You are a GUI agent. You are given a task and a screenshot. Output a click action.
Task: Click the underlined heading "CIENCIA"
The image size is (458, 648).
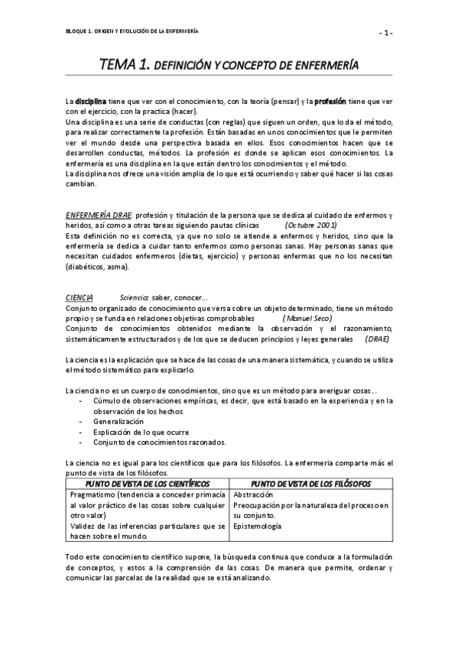tap(80, 297)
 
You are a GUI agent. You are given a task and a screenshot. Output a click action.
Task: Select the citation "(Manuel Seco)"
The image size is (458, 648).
tap(307, 317)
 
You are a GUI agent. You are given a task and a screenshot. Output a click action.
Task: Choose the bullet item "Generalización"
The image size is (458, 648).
tap(119, 421)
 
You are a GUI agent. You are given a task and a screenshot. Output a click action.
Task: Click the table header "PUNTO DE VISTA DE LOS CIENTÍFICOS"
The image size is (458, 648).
tap(148, 484)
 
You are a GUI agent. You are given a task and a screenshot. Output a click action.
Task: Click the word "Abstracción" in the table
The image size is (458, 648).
tap(253, 494)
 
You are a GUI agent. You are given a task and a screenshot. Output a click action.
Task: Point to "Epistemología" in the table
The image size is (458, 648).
tap(257, 526)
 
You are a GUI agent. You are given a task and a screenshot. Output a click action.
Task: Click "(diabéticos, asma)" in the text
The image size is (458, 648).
tap(97, 267)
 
